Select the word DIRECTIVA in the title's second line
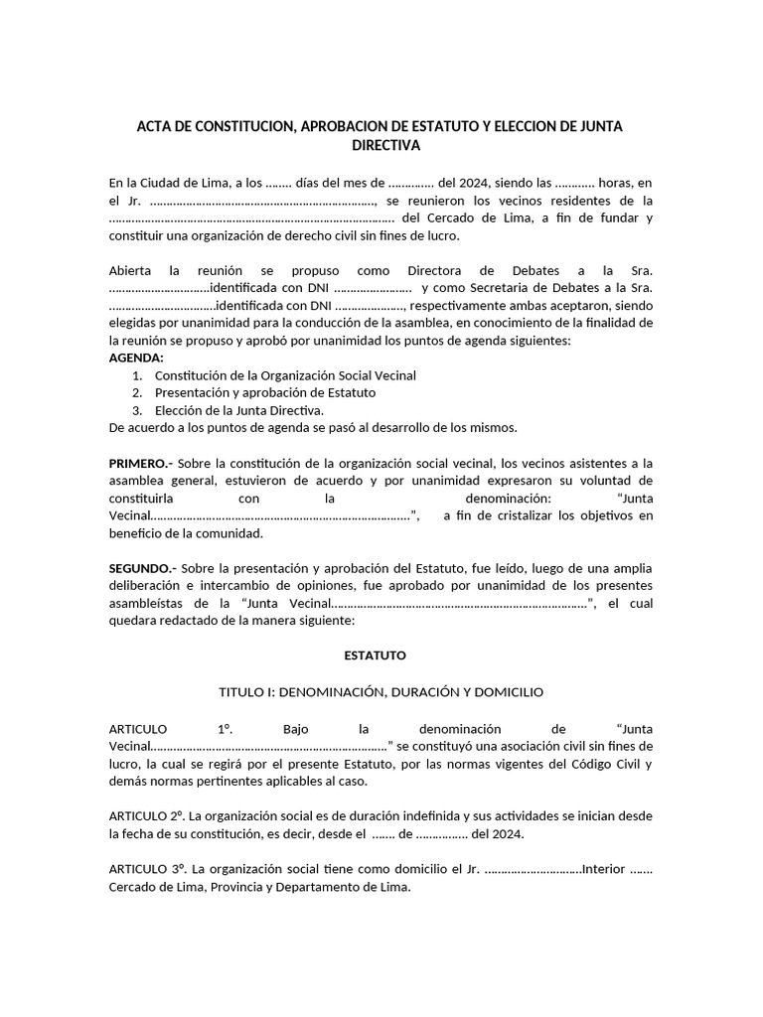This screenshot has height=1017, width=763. pyautogui.click(x=387, y=146)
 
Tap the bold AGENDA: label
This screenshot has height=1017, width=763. pyautogui.click(x=136, y=358)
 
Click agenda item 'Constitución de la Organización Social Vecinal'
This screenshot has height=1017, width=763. pyautogui.click(x=285, y=375)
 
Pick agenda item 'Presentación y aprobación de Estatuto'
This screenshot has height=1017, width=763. pyautogui.click(x=265, y=393)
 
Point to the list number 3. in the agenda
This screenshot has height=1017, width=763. pyautogui.click(x=137, y=410)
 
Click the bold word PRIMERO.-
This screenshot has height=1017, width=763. pyautogui.click(x=142, y=463)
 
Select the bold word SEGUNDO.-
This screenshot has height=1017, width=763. pyautogui.click(x=143, y=568)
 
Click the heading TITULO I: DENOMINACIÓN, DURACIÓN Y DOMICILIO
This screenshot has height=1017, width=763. pyautogui.click(x=381, y=691)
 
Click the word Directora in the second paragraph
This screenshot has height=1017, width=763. pyautogui.click(x=438, y=270)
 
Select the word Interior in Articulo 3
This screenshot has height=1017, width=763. pyautogui.click(x=604, y=869)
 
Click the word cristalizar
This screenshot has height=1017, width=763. pyautogui.click(x=518, y=515)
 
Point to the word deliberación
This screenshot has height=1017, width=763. pyautogui.click(x=147, y=586)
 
